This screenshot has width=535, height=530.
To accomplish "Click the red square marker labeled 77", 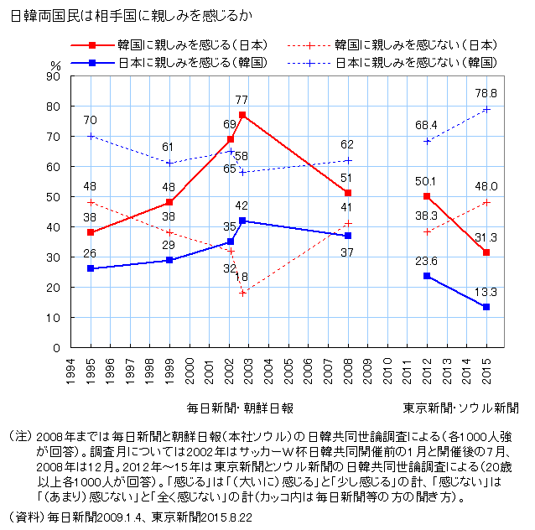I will [x=242, y=114].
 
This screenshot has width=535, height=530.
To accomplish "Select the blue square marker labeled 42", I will [x=242, y=221].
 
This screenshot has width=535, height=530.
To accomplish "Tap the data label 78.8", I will [x=486, y=93].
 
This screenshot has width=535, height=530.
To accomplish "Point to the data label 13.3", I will [x=486, y=292].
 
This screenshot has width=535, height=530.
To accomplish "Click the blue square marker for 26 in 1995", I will [x=91, y=268].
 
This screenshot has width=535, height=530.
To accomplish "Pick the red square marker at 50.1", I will [x=428, y=196].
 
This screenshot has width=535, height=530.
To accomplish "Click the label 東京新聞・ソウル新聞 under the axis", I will [x=460, y=408].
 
